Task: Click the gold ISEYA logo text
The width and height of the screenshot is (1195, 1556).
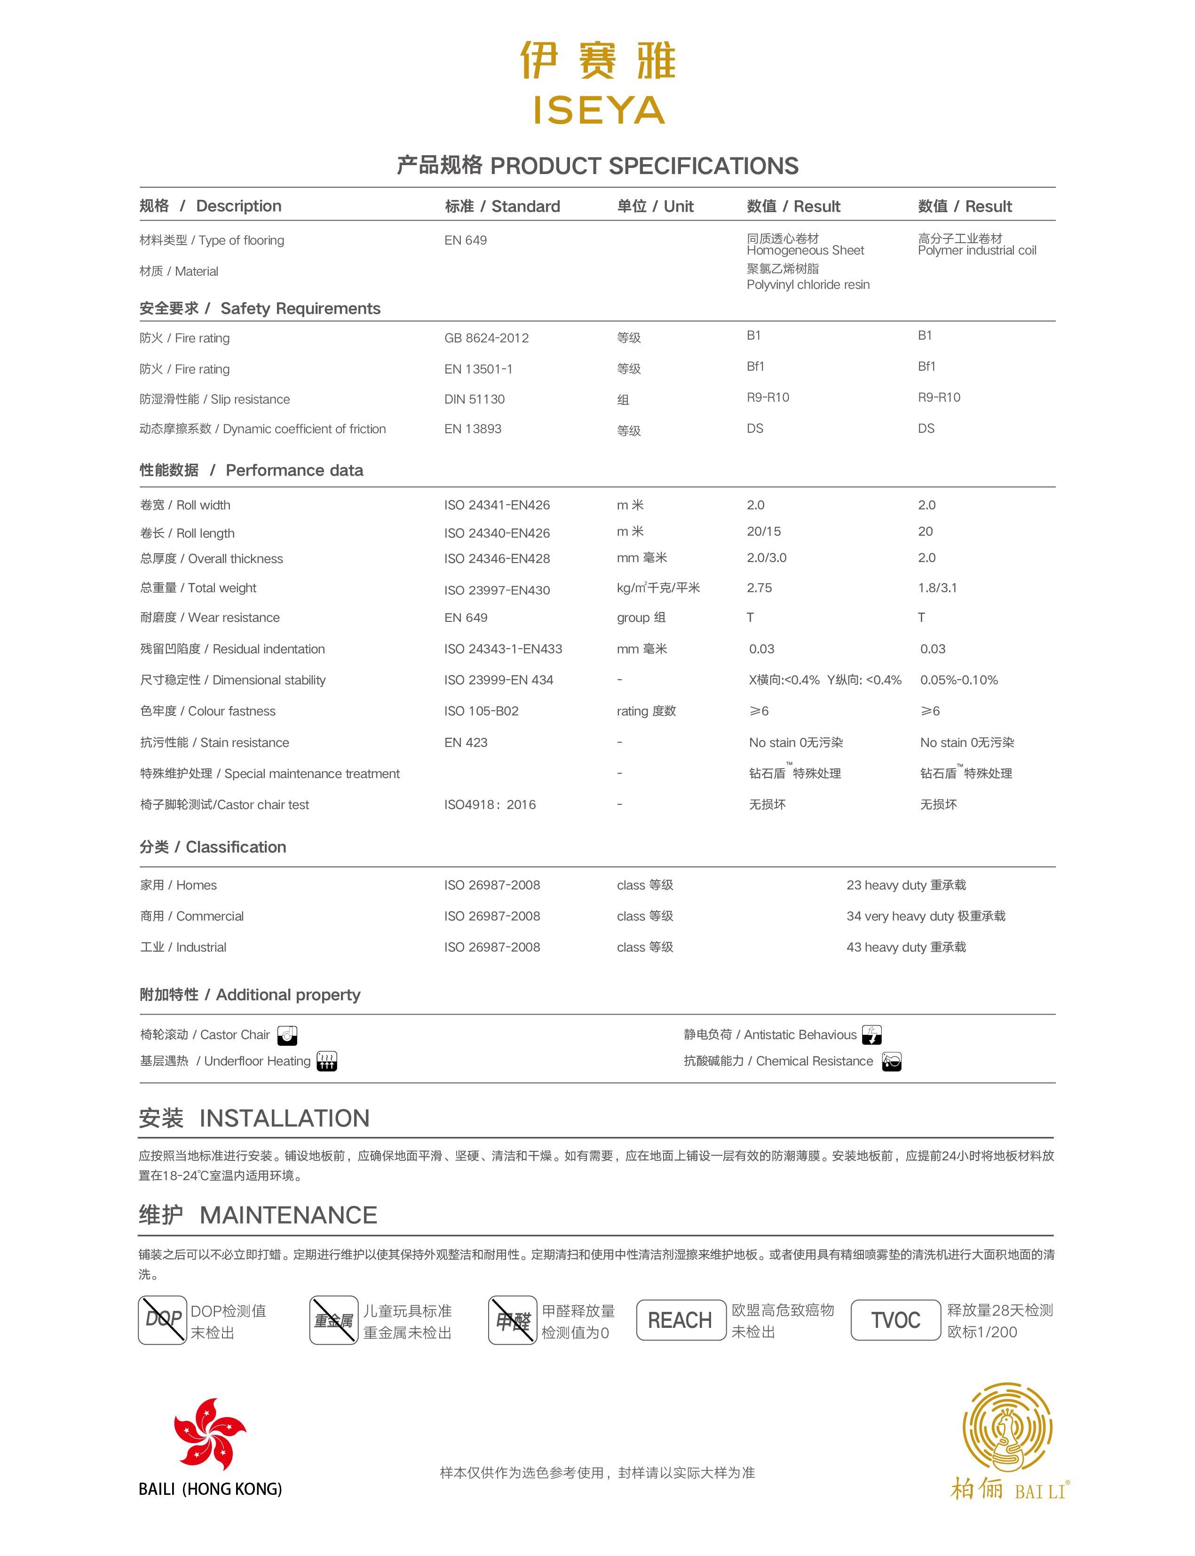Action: (598, 110)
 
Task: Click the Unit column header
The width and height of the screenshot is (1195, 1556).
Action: (655, 206)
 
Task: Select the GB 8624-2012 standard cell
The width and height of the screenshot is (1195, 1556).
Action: (487, 338)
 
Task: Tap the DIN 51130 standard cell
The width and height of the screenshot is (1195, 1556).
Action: (475, 399)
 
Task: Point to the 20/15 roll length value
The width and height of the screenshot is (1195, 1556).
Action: (764, 532)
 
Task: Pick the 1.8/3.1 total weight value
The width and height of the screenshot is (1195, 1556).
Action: (937, 587)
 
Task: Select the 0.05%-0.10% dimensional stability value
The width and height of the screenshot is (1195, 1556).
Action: (959, 680)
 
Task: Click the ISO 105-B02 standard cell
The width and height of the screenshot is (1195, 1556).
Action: (482, 711)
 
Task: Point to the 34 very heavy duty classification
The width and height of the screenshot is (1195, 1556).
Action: (926, 916)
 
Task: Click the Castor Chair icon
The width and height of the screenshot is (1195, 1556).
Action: (287, 1035)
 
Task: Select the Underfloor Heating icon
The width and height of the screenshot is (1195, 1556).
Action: (326, 1062)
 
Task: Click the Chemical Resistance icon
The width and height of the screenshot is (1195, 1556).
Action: (891, 1062)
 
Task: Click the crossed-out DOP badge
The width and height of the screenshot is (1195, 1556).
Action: (163, 1320)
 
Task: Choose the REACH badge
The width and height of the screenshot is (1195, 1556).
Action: (680, 1320)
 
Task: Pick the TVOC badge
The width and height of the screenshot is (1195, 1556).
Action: (895, 1320)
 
